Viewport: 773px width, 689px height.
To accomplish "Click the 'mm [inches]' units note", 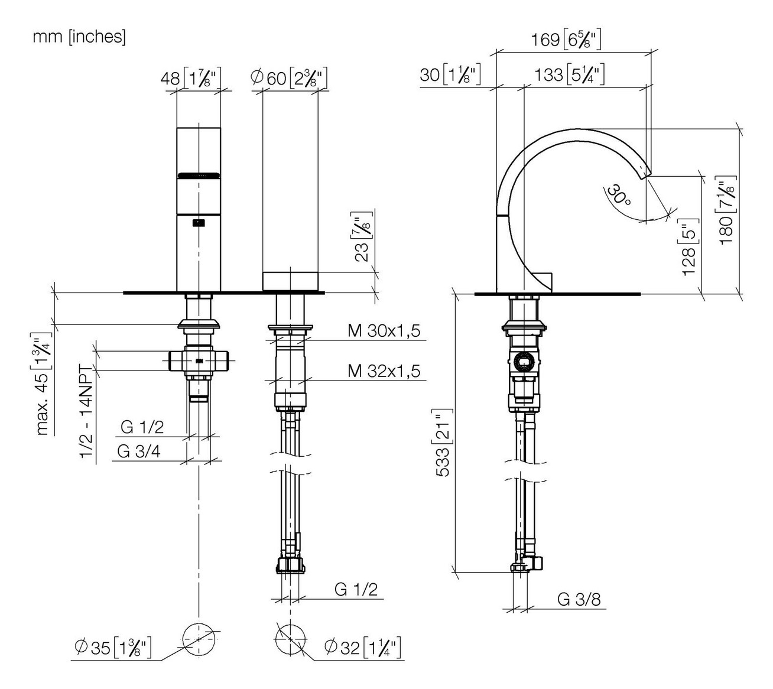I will tap(79, 37).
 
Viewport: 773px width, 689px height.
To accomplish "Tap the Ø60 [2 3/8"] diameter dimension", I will tap(289, 77).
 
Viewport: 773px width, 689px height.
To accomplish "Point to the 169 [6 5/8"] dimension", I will tap(566, 40).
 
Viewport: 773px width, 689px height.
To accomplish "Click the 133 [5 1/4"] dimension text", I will tap(569, 75).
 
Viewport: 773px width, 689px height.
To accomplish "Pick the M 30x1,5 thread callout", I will tap(384, 331).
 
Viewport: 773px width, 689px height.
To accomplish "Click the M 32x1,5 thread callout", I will tap(384, 370).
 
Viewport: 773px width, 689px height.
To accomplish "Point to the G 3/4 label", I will tap(138, 451).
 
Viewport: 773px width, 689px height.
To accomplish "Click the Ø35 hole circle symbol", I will tap(199, 639).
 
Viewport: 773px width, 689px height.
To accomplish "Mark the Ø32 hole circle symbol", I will tap(290, 639).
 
